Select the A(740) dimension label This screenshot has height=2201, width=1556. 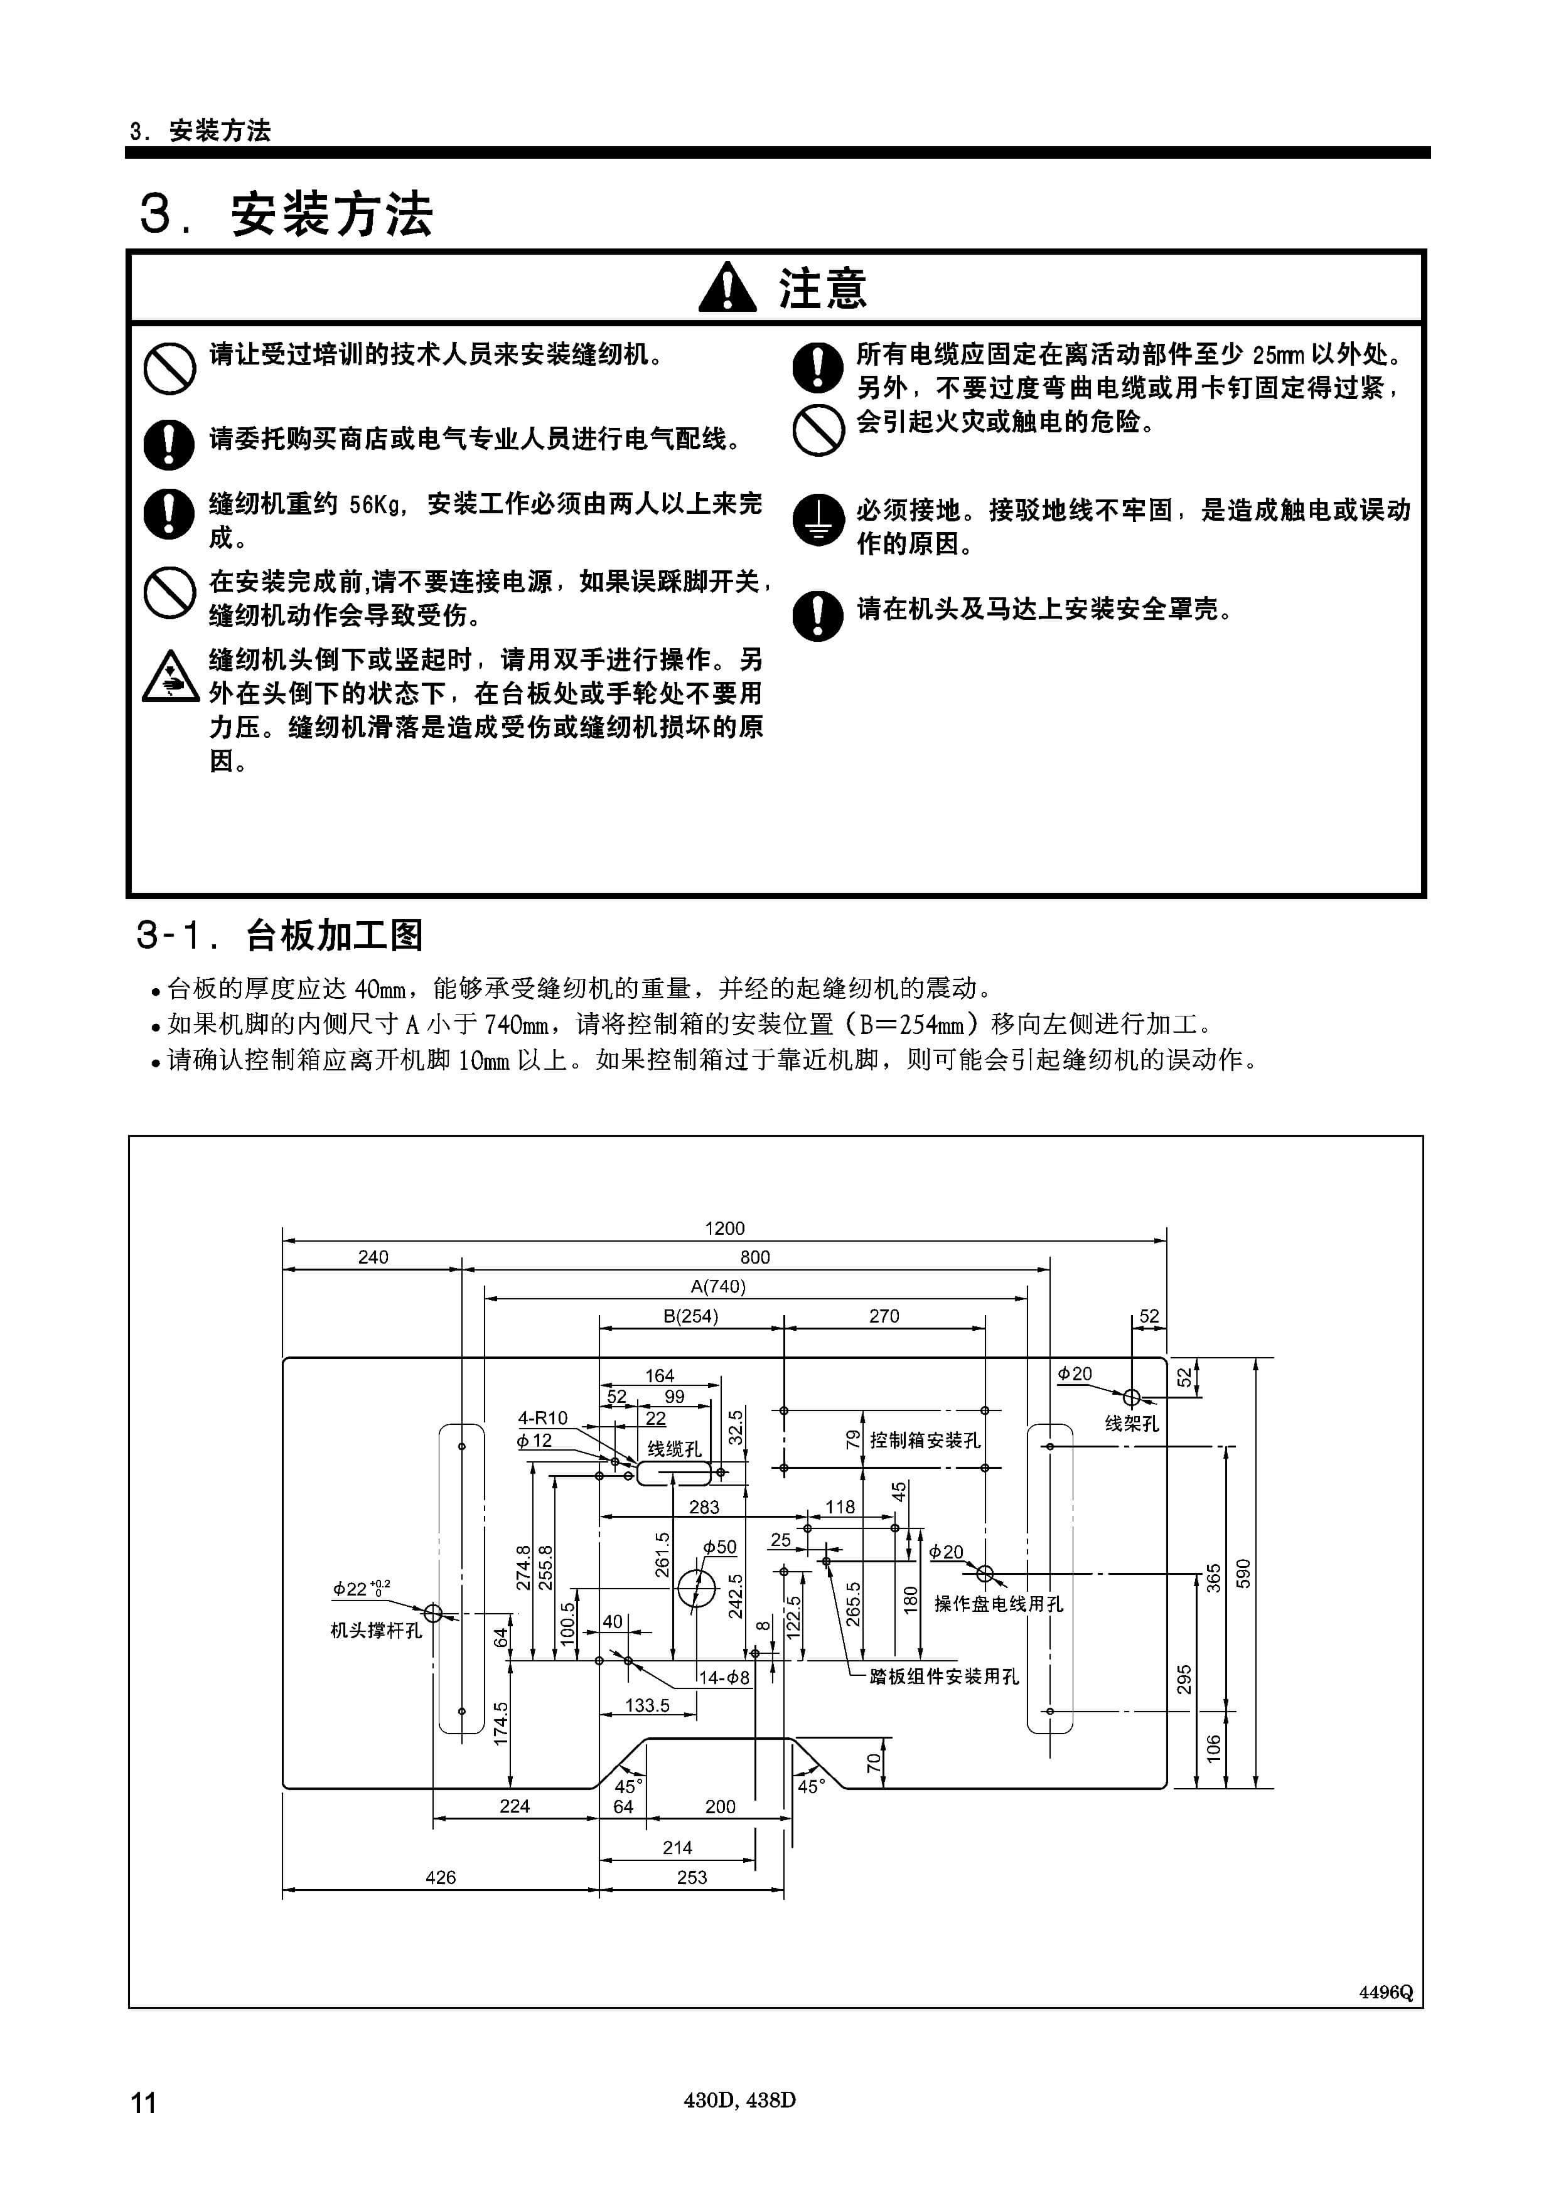tap(718, 1286)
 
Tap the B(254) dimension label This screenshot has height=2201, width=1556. tap(690, 1316)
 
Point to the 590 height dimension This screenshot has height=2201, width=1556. tap(1243, 1573)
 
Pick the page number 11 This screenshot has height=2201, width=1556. tap(143, 2102)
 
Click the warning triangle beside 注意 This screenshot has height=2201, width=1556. tap(727, 287)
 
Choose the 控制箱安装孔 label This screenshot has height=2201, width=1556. tap(925, 1440)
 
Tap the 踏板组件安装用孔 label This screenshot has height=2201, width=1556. tap(945, 1676)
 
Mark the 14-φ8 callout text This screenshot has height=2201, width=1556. tap(724, 1678)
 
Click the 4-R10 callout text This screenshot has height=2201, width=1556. tap(543, 1418)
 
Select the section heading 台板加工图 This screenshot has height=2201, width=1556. tap(335, 935)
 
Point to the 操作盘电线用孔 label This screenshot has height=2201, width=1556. tap(999, 1604)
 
